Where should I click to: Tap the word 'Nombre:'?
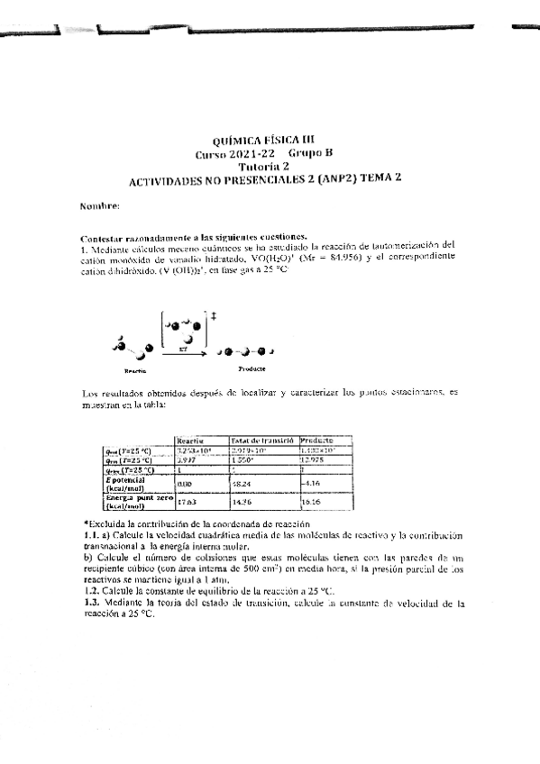99,206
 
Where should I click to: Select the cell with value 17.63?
188,503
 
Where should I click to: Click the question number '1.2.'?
89,591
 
